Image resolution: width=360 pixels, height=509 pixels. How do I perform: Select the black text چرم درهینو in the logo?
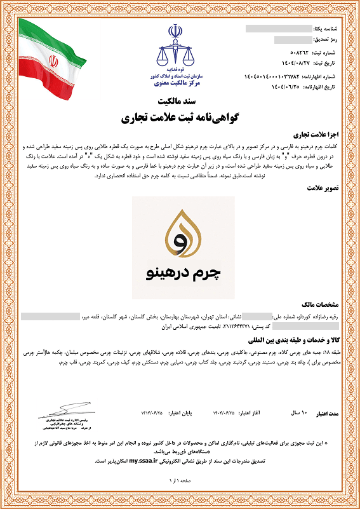pos(183,275)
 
